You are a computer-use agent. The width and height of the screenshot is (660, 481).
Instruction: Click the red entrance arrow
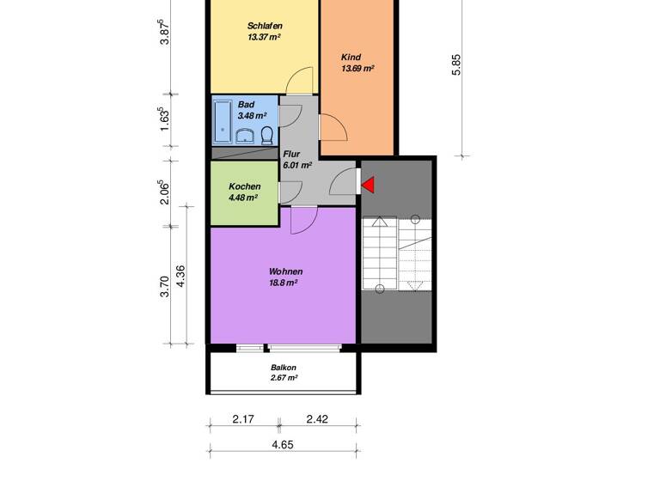(x=367, y=184)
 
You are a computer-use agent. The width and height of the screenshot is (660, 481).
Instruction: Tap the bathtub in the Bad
(x=223, y=121)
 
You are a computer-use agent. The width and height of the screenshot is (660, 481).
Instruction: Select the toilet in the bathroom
(x=267, y=135)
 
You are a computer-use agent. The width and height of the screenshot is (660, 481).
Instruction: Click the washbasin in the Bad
(x=245, y=135)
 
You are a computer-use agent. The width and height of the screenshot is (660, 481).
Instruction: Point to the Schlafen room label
(x=265, y=26)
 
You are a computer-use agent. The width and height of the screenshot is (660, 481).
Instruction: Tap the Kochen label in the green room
(x=245, y=186)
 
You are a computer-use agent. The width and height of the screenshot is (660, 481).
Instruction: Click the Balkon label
(x=283, y=367)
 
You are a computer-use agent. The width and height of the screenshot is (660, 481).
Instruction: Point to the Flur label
(x=292, y=153)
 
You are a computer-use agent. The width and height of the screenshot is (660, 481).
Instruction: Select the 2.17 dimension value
(x=243, y=419)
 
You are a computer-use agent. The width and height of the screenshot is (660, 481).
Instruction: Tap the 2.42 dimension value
(x=318, y=419)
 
